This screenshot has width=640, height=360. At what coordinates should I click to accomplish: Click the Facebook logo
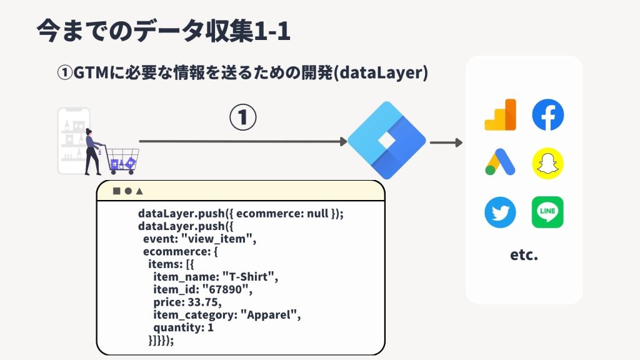[547, 115]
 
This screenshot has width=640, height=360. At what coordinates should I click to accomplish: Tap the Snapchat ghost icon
[547, 163]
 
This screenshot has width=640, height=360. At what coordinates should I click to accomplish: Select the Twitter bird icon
[500, 212]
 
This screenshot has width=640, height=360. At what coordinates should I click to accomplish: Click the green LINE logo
[547, 212]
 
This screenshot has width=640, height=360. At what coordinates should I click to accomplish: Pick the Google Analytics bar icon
[501, 115]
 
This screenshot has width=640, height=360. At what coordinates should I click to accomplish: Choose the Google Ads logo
[500, 162]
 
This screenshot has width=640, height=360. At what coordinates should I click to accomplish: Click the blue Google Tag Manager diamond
[386, 141]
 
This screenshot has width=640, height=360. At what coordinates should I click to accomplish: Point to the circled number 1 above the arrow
[243, 117]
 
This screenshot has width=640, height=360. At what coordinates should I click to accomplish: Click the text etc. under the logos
[524, 255]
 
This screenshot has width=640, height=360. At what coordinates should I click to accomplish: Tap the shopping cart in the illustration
[121, 160]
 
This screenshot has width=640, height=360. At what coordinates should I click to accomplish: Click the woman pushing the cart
[92, 152]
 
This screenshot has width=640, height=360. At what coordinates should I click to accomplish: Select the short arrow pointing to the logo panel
[446, 142]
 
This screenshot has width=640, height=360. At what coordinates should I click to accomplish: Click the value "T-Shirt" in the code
[250, 277]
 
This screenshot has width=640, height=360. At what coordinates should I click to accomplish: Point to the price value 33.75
[204, 302]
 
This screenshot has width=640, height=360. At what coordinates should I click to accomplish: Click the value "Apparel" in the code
[271, 315]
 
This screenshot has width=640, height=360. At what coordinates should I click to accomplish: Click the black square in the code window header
[117, 191]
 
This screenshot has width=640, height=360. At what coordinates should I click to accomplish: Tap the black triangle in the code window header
[139, 191]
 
